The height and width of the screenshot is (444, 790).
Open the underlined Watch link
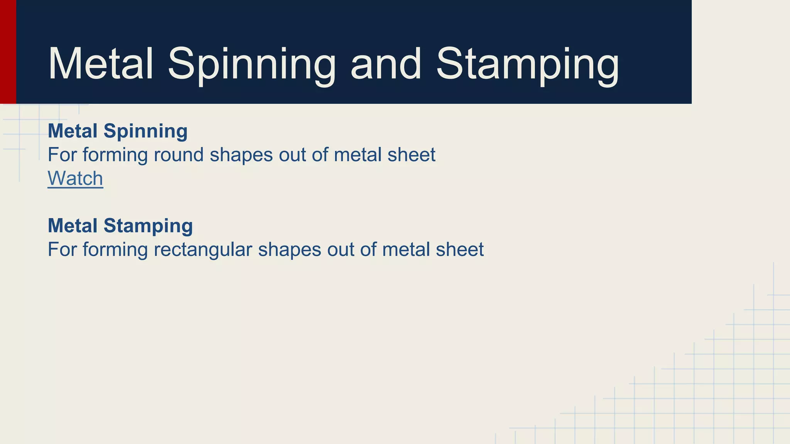(75, 178)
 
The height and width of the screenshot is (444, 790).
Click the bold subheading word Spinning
(145, 131)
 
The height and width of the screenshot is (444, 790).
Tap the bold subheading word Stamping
(148, 226)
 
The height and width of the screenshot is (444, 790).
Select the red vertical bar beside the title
(8, 52)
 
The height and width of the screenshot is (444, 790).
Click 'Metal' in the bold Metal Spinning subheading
(73, 131)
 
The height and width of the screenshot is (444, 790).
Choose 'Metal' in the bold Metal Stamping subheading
(73, 226)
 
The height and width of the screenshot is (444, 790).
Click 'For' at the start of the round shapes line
(62, 155)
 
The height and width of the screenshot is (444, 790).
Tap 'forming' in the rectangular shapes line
(115, 249)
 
